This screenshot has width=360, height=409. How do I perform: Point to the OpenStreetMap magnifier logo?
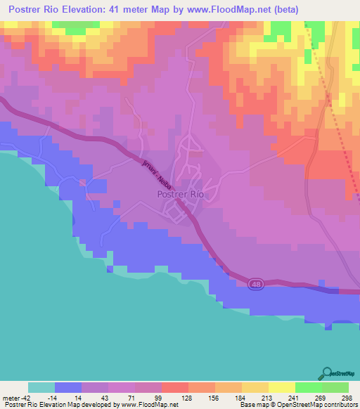pos(326,372)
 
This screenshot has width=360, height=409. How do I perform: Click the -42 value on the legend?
pos(25,398)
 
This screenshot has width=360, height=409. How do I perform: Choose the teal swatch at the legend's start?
pos(41,387)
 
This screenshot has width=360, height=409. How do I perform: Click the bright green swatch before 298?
pos(335,387)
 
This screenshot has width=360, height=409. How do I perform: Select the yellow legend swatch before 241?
pos(282,387)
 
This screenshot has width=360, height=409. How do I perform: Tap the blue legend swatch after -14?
pos(68,387)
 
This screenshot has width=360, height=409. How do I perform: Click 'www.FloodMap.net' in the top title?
pos(223,10)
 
